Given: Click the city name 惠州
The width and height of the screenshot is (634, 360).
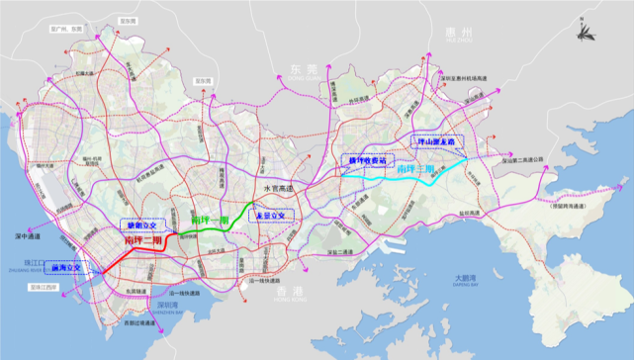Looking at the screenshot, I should pyautogui.click(x=461, y=36).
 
